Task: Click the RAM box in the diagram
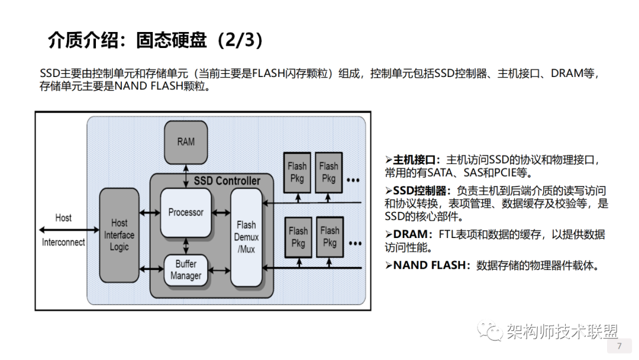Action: (x=186, y=142)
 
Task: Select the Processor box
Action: (x=186, y=212)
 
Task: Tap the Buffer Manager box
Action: (x=186, y=271)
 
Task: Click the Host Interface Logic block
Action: (x=119, y=235)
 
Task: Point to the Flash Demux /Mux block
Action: (x=246, y=237)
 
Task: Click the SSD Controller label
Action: (x=227, y=181)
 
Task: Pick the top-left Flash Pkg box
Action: (x=297, y=172)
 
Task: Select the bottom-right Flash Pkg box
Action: (x=330, y=237)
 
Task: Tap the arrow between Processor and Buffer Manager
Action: (x=186, y=246)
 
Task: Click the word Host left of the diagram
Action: (x=63, y=218)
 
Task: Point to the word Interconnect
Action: (x=63, y=242)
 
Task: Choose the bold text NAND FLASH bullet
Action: (x=430, y=265)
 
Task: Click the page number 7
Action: (x=619, y=346)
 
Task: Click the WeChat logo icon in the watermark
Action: (x=490, y=331)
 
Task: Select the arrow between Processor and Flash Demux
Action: (x=221, y=212)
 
